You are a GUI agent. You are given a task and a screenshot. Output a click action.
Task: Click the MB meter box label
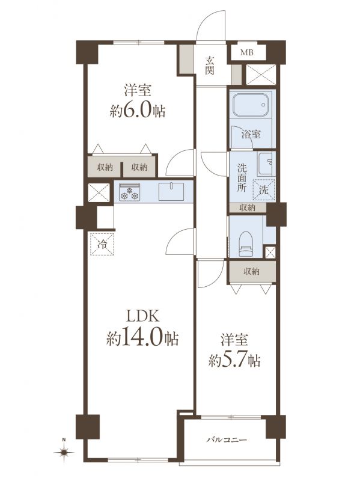(247, 52)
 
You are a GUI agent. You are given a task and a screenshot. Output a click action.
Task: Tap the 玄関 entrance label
(210, 66)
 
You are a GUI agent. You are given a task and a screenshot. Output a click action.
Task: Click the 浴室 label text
(251, 134)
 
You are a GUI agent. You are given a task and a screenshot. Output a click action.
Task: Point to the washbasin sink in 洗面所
(266, 164)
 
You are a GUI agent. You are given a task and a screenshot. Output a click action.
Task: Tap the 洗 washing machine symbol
(264, 190)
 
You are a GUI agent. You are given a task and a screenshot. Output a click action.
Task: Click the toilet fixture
(245, 244)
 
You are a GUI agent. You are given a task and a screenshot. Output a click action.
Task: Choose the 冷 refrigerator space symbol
(102, 244)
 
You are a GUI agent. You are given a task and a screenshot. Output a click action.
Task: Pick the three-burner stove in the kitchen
(129, 192)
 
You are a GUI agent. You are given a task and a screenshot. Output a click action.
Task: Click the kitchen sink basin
(171, 192)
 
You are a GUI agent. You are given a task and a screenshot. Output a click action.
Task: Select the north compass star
(64, 452)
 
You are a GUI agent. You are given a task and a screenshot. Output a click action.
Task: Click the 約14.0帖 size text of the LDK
(142, 339)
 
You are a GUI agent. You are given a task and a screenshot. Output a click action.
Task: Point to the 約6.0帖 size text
(138, 111)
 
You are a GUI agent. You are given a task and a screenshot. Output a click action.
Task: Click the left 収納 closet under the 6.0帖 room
(105, 167)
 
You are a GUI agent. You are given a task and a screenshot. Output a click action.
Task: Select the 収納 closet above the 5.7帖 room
(251, 272)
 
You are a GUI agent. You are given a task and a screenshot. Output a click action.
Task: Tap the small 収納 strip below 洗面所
(248, 207)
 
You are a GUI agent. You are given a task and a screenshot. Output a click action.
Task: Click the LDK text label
(143, 316)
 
